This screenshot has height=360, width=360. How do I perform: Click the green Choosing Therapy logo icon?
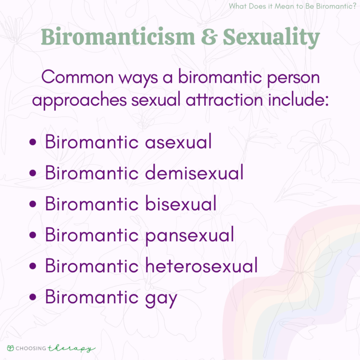[11, 348]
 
